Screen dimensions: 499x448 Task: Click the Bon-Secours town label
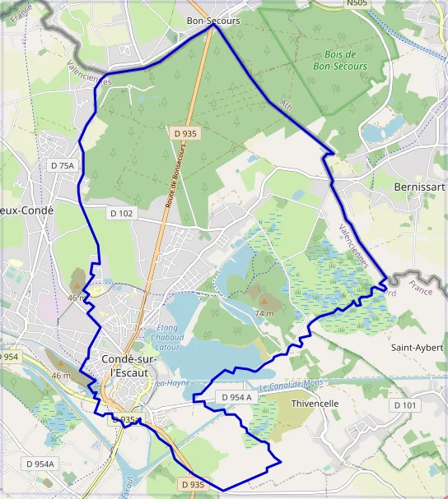(x=212, y=21)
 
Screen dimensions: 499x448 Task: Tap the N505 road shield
(x=357, y=4)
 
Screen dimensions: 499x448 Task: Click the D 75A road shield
(x=63, y=165)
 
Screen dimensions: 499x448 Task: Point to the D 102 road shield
(x=121, y=213)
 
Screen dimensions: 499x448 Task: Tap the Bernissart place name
(x=420, y=187)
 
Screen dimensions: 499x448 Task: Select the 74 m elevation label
(x=264, y=313)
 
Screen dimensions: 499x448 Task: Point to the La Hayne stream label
(x=174, y=383)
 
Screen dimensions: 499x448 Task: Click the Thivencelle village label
(x=315, y=404)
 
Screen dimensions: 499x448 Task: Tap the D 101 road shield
(x=406, y=405)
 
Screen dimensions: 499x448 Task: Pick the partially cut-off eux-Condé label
(x=26, y=210)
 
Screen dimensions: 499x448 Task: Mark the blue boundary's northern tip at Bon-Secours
(x=213, y=25)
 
